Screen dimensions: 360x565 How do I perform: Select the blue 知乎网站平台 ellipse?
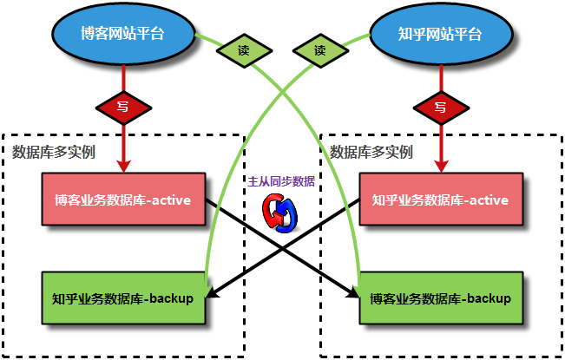click(439, 34)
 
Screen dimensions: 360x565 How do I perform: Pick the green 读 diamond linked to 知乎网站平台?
click(319, 50)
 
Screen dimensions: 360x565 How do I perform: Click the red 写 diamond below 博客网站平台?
click(123, 108)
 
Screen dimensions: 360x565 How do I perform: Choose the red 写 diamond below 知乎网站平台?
click(440, 108)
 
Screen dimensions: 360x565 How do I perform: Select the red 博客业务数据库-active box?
click(123, 200)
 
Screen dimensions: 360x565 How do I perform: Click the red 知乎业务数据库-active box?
click(440, 200)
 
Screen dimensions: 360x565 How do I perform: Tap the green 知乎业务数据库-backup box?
click(122, 299)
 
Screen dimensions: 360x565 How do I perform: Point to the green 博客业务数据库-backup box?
click(441, 299)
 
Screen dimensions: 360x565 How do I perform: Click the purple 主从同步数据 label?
click(281, 182)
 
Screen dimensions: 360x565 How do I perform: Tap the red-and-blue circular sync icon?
click(281, 211)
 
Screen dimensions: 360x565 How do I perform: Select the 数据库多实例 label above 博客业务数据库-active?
click(54, 152)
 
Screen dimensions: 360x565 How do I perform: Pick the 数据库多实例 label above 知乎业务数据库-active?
click(371, 152)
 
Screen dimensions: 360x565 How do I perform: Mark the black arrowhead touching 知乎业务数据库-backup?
click(211, 296)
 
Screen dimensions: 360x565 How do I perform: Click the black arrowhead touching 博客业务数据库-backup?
click(352, 296)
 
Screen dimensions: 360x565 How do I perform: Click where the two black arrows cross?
click(282, 248)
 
